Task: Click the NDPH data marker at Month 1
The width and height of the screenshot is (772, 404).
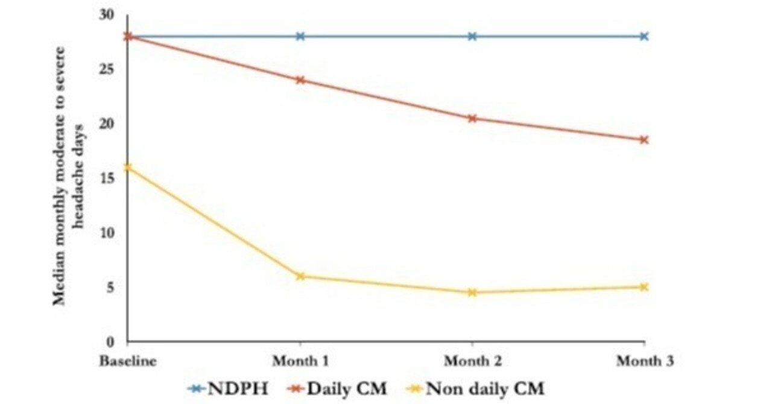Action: coord(300,36)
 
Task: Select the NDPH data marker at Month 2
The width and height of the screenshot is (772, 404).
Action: coord(472,36)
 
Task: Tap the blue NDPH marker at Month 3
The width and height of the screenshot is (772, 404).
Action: coord(644,36)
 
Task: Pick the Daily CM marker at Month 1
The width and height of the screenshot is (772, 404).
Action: coord(300,80)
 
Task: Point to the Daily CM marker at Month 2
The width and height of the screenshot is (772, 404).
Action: coord(472,118)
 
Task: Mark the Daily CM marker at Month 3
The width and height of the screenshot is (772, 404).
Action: coord(644,140)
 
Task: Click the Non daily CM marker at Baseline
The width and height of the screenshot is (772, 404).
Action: coord(128,167)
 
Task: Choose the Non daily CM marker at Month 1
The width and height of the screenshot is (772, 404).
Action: coord(300,276)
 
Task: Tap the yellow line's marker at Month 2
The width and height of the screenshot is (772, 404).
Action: coord(472,292)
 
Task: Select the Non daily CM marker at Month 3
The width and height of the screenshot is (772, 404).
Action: coord(644,287)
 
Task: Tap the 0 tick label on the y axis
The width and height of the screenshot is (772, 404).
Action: coord(110,342)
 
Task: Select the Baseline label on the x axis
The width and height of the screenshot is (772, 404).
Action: coord(127,361)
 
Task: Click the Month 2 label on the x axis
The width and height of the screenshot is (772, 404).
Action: coord(472,361)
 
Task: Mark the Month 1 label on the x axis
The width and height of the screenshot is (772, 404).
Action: coord(300,361)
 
